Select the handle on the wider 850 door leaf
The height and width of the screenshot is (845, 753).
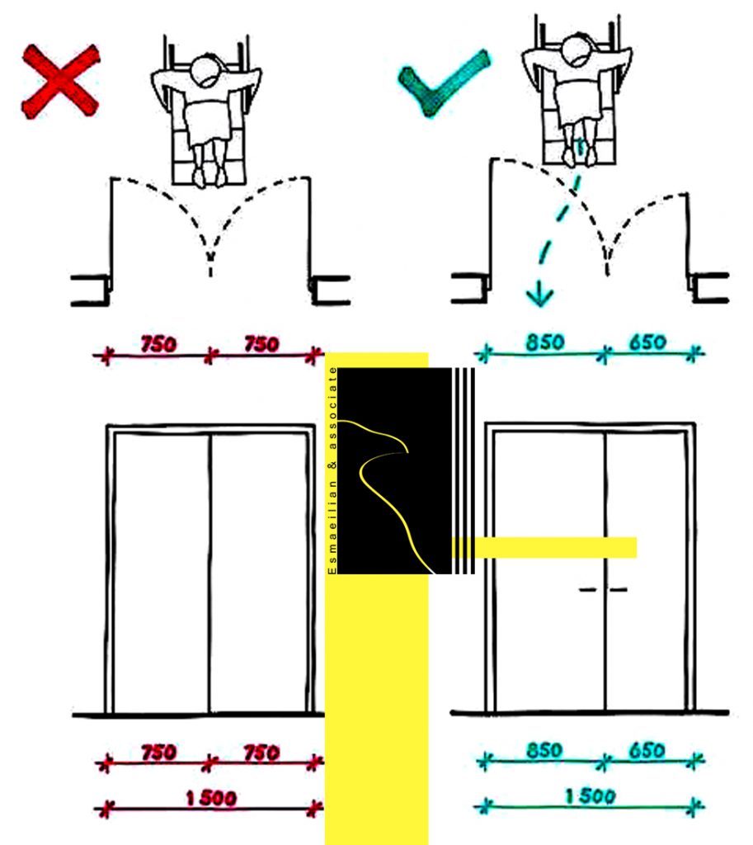[x=588, y=589]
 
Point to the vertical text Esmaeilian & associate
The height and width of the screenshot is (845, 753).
[x=332, y=470]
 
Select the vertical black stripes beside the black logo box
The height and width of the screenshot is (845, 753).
[x=464, y=470]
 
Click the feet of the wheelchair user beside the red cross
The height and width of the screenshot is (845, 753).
[x=209, y=176]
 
